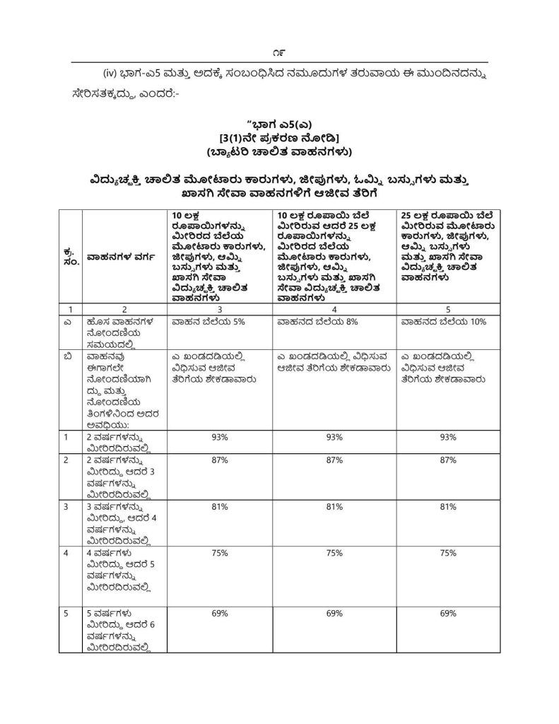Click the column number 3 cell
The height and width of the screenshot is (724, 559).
point(219,310)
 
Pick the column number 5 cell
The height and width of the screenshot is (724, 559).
point(447,310)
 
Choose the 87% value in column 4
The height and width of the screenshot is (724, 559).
point(334,460)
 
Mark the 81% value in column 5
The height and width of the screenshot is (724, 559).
point(447,507)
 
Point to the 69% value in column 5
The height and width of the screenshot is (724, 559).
point(447,614)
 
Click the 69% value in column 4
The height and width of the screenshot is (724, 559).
point(334,614)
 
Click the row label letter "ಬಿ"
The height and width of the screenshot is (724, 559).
point(66,356)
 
